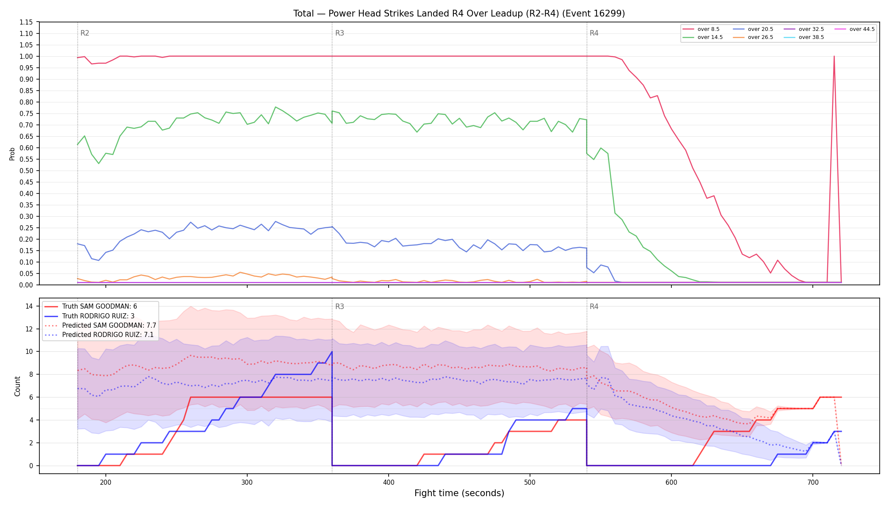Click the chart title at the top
click(x=459, y=14)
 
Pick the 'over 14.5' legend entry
click(x=703, y=37)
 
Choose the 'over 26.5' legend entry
click(x=753, y=37)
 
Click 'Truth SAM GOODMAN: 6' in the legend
click(x=91, y=306)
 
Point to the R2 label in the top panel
click(x=85, y=33)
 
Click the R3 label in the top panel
click(x=340, y=33)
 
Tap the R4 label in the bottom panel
click(x=594, y=306)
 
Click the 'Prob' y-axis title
click(x=12, y=154)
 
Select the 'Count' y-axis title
click(x=17, y=386)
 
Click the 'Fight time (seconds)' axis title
click(x=459, y=493)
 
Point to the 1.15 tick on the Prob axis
click(x=26, y=22)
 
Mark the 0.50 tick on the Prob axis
click(x=26, y=171)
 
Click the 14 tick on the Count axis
click(x=30, y=306)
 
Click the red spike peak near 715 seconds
click(x=834, y=56)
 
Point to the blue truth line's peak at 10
click(x=332, y=351)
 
